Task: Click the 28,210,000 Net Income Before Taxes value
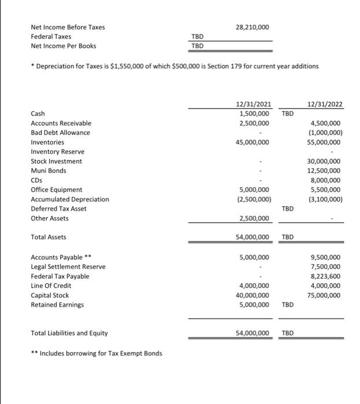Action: point(253,27)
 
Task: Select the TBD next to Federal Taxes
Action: point(198,36)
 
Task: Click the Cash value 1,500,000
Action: point(253,114)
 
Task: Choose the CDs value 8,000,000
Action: point(326,180)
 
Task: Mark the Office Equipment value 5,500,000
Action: point(326,190)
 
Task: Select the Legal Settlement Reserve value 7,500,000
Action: point(326,267)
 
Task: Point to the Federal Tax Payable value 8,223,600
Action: point(326,276)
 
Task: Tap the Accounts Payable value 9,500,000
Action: point(326,257)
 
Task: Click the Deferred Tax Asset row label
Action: point(58,209)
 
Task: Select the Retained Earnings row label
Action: point(57,305)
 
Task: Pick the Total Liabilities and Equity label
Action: point(69,333)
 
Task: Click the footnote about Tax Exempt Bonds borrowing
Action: point(97,353)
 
